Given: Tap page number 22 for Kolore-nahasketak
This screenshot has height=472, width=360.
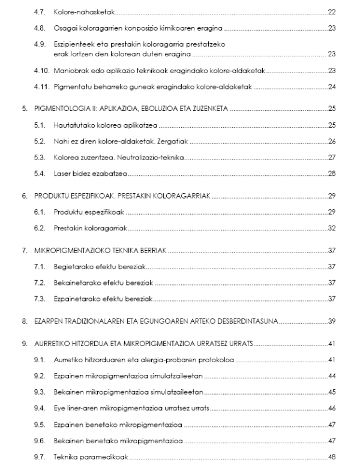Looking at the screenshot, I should coord(331,11).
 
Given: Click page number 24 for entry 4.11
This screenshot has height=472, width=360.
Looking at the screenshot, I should coord(331,87).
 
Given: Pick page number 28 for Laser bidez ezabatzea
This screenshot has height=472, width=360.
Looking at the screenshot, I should coord(331,174).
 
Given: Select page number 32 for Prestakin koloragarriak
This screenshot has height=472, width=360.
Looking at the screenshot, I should coord(331,228).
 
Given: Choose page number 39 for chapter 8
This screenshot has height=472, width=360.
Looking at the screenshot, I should coord(331,321).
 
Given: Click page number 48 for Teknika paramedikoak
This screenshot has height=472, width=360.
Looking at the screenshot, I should coord(331,458).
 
